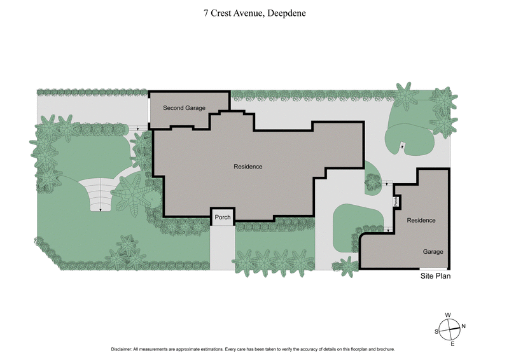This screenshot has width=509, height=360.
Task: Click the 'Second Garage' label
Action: click(x=184, y=108)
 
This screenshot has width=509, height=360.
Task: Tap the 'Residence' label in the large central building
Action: click(x=248, y=167)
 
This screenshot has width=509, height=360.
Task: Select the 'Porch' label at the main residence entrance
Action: click(x=223, y=217)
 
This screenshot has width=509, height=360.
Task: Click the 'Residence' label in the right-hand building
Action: click(x=421, y=220)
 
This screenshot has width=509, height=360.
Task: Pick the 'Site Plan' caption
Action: click(x=435, y=277)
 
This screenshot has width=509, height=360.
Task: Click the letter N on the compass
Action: click(x=463, y=326)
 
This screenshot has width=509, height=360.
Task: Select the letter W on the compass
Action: click(x=448, y=315)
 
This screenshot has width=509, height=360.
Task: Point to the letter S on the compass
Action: click(x=436, y=331)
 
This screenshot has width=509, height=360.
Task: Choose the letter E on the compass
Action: click(x=452, y=344)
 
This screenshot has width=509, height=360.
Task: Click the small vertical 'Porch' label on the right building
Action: click(x=396, y=202)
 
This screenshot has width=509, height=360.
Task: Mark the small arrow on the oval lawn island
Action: click(x=401, y=148)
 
